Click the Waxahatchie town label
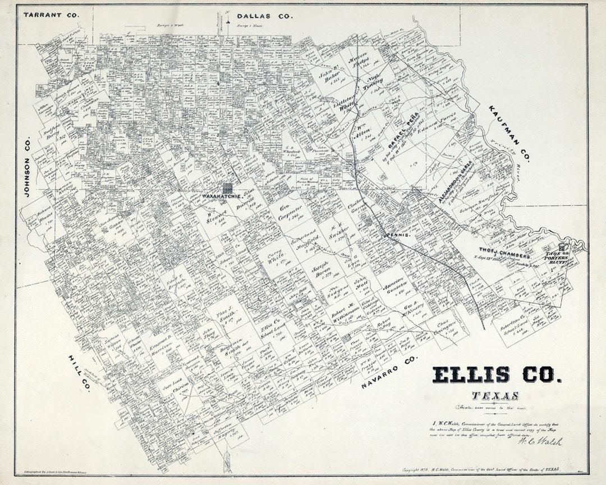pyautogui.click(x=222, y=197)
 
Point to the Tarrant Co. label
pyautogui.click(x=51, y=15)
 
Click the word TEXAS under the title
pyautogui.click(x=495, y=396)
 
